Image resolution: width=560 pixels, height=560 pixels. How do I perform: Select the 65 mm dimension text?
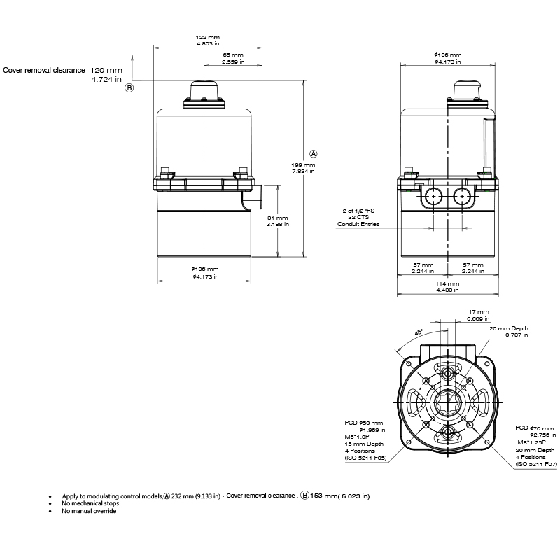click(x=233, y=55)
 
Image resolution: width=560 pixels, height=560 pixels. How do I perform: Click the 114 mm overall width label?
click(x=448, y=284)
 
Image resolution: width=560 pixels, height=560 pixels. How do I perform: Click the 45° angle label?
click(x=418, y=333)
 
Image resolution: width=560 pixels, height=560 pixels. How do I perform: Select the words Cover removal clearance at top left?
click(x=43, y=71)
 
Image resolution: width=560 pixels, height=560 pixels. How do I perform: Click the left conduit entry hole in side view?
click(x=433, y=197)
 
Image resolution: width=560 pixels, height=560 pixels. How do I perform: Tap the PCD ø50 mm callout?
click(x=364, y=423)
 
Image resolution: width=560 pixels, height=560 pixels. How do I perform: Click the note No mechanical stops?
click(x=90, y=503)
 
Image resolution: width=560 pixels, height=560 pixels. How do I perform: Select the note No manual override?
click(x=89, y=511)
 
